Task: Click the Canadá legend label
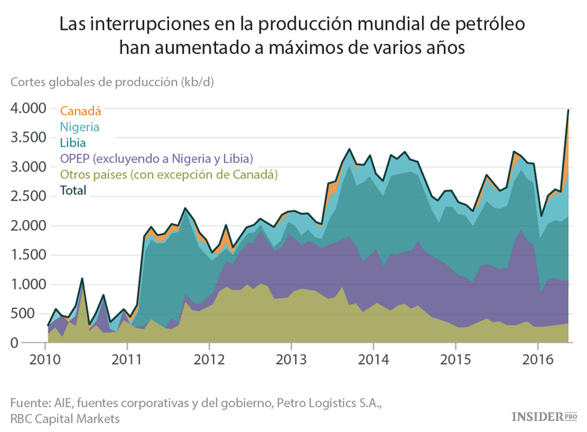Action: pos(81,111)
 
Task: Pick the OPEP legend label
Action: pos(156,158)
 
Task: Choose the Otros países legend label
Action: pos(168,174)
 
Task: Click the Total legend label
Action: pos(74,189)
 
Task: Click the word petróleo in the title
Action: pos(483,24)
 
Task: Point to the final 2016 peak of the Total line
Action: pos(567,110)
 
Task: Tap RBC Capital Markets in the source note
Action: pos(65,419)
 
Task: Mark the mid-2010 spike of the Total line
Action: pos(82,278)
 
